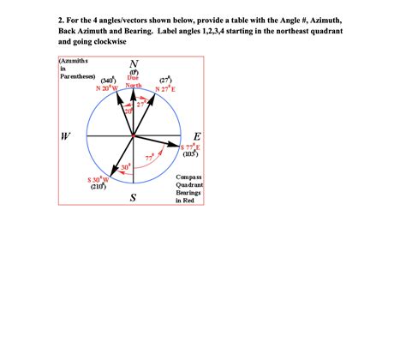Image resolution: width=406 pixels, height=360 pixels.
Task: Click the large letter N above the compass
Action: point(132,65)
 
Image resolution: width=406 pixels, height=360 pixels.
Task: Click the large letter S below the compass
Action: point(133,199)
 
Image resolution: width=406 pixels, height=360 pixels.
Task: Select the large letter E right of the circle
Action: point(198,136)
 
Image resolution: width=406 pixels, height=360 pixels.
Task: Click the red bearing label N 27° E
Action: point(165,88)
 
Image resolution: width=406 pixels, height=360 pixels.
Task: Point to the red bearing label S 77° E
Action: point(190,147)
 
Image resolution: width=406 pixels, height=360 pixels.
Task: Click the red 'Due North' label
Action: point(134,84)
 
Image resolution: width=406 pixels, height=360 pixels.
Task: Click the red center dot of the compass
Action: point(133,137)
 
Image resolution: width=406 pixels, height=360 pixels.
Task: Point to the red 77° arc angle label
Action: point(149,158)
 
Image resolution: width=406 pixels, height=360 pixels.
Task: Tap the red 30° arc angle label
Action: point(126,166)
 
